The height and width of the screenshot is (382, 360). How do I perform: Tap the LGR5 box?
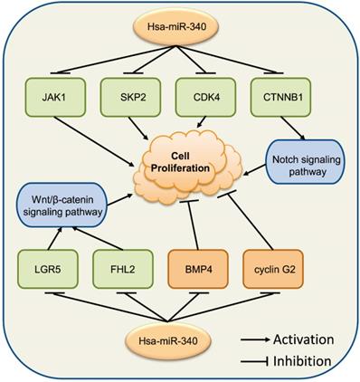[49, 269]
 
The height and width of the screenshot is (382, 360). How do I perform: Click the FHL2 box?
[119, 269]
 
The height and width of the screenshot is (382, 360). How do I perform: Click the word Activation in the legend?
[311, 339]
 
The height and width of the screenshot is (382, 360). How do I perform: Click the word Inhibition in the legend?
[309, 361]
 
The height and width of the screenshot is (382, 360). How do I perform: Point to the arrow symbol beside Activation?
[257, 339]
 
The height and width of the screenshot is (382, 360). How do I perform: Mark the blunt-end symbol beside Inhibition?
[257, 361]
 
